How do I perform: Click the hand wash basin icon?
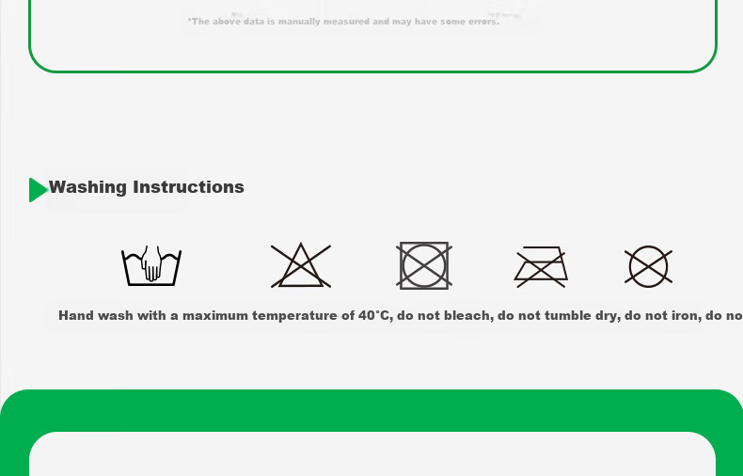(x=151, y=265)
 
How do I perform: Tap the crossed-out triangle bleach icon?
(x=301, y=265)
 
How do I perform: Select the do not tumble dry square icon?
(x=424, y=265)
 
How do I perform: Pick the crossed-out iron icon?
(x=541, y=267)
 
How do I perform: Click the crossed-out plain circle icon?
(x=648, y=266)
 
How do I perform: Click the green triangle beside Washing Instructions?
(x=38, y=190)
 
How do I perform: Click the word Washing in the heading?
(x=87, y=187)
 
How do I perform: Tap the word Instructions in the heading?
(x=189, y=187)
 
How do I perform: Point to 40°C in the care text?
(x=375, y=315)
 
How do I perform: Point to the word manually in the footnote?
(x=299, y=22)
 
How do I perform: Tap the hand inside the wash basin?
(x=151, y=263)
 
